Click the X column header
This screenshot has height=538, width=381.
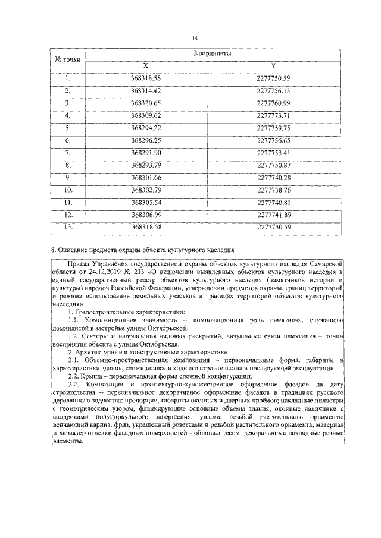(x=146, y=65)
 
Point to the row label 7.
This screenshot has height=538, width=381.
(x=68, y=153)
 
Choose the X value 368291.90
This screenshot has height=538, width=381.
(x=146, y=153)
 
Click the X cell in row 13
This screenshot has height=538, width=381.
(x=146, y=227)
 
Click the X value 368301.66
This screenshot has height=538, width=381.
(x=146, y=178)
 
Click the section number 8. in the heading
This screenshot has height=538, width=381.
(x=54, y=250)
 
